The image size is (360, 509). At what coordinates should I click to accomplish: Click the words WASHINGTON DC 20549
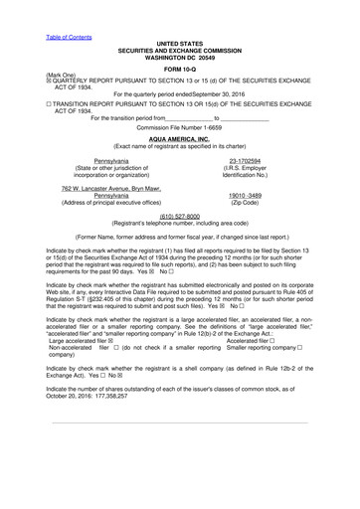pyautogui.click(x=179, y=57)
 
